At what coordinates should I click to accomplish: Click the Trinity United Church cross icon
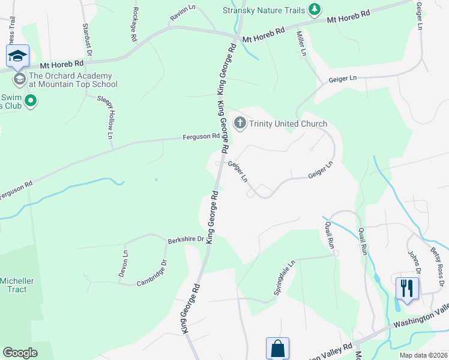point(240,124)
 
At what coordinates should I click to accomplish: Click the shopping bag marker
point(277,348)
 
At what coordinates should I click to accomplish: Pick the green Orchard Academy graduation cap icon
point(19,79)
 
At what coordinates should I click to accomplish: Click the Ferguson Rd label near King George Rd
point(201,137)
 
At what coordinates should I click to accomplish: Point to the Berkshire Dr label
point(186,239)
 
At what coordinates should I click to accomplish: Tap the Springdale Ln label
point(285,277)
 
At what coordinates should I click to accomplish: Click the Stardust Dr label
point(86,41)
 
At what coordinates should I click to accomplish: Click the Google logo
point(20,353)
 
